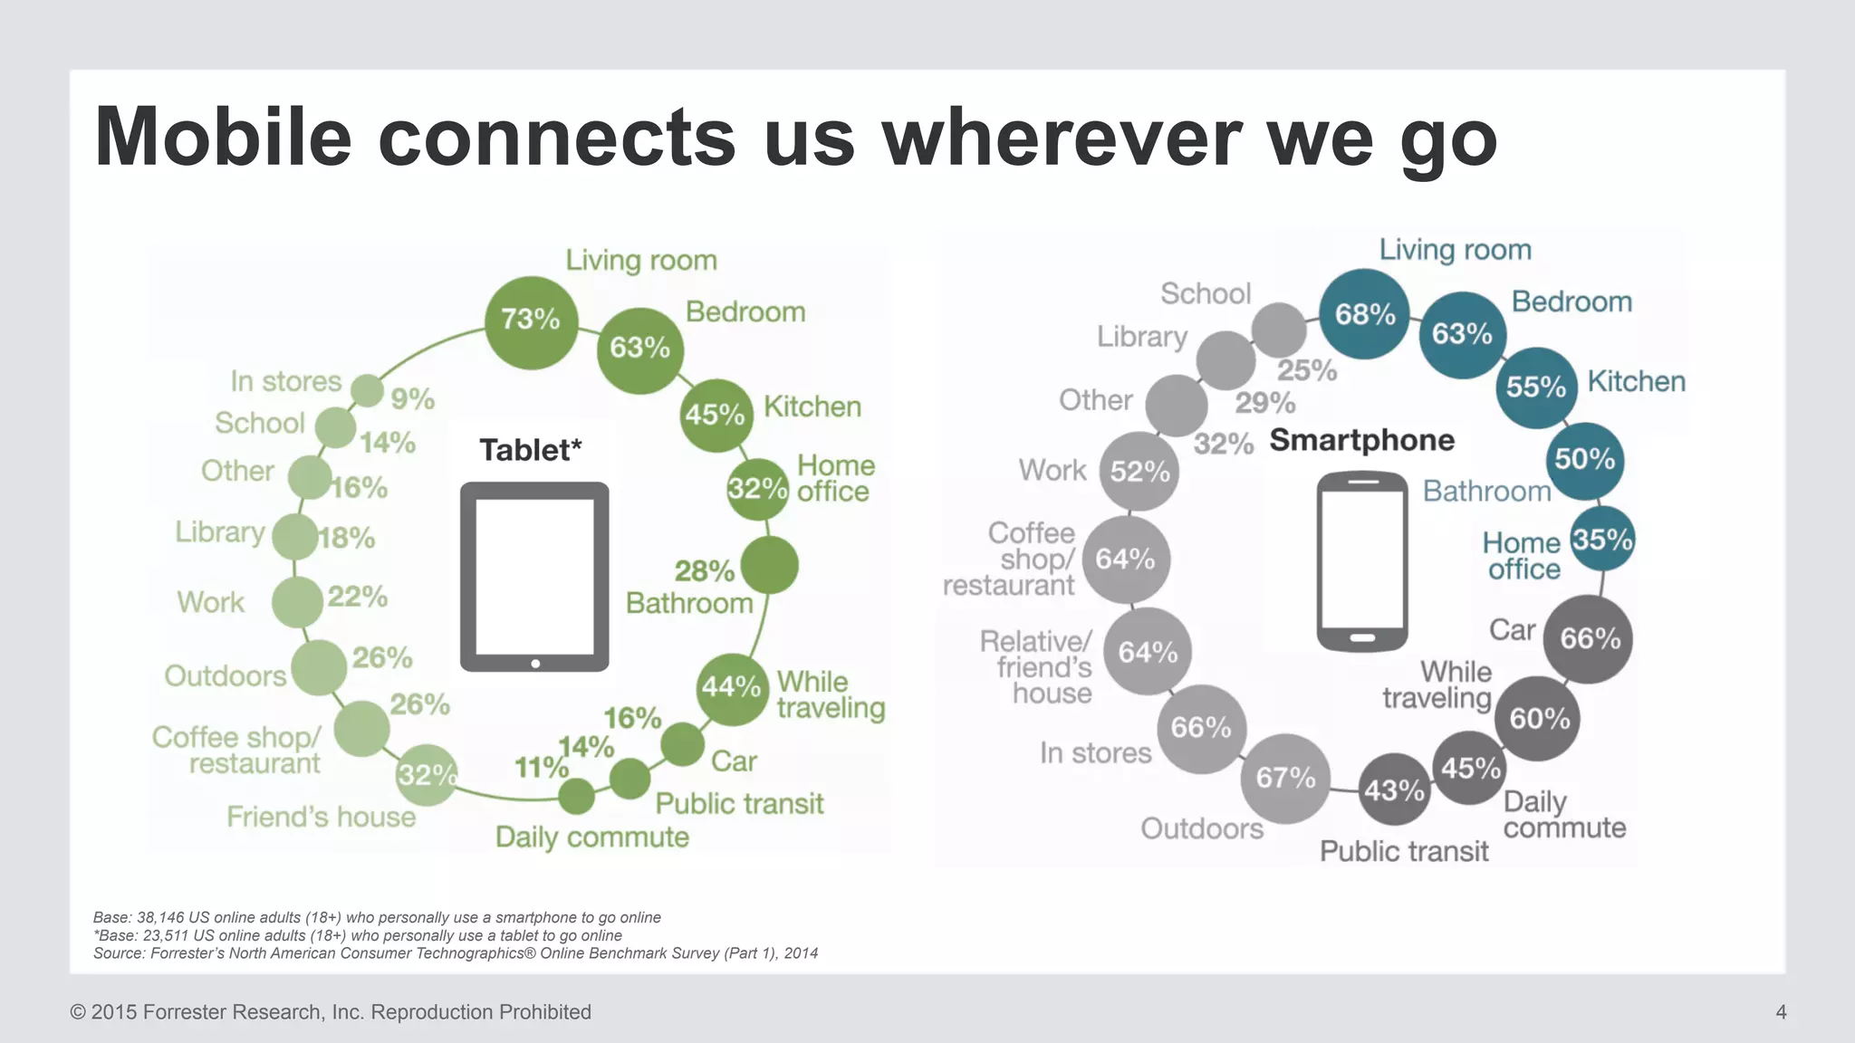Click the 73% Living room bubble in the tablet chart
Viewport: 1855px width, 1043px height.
pos(531,322)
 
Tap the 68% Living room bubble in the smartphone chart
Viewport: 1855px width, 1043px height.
pos(1364,314)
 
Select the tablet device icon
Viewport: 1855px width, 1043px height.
pos(534,577)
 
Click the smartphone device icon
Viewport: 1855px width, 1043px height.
pos(1361,560)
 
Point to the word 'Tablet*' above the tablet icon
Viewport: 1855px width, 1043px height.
pos(530,450)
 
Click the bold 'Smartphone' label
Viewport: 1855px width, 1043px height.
pos(1361,440)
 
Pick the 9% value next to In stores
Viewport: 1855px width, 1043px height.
pos(412,398)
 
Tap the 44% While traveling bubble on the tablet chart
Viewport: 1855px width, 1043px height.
pos(732,688)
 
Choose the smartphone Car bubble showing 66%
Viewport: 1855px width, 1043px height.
pos(1589,639)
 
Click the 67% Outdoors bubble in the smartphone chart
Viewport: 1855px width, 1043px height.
pos(1285,778)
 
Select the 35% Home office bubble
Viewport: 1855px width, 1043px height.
pos(1601,540)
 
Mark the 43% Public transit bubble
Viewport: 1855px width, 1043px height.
pos(1394,790)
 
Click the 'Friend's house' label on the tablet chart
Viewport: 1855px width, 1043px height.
pos(321,817)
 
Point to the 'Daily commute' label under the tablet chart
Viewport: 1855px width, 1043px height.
pos(591,837)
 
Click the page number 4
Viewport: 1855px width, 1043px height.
pos(1781,1012)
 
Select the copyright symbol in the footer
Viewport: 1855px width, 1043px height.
pos(78,1012)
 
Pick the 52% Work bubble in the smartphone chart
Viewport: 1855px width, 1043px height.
pos(1139,472)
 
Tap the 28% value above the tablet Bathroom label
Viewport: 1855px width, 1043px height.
pos(704,571)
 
